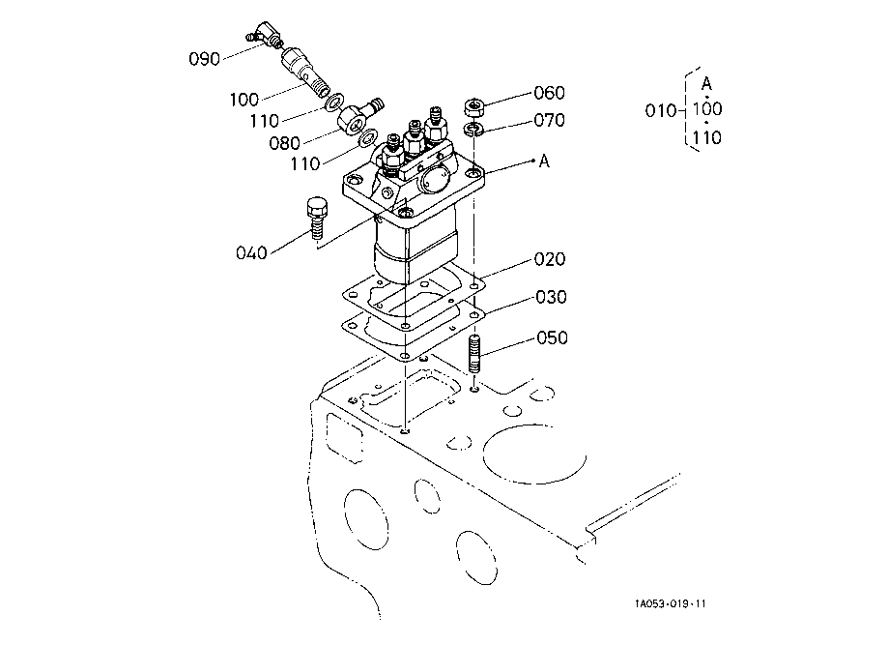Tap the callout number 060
[x=549, y=93]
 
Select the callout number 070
[x=549, y=121]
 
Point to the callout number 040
[x=250, y=253]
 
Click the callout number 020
[x=549, y=259]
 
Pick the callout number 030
[x=552, y=297]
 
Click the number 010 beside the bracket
[x=661, y=110]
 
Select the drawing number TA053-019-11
[x=671, y=604]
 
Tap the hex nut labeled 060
[x=474, y=105]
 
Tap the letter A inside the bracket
[x=706, y=82]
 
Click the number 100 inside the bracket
[x=707, y=109]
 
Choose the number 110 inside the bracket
[x=707, y=137]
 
